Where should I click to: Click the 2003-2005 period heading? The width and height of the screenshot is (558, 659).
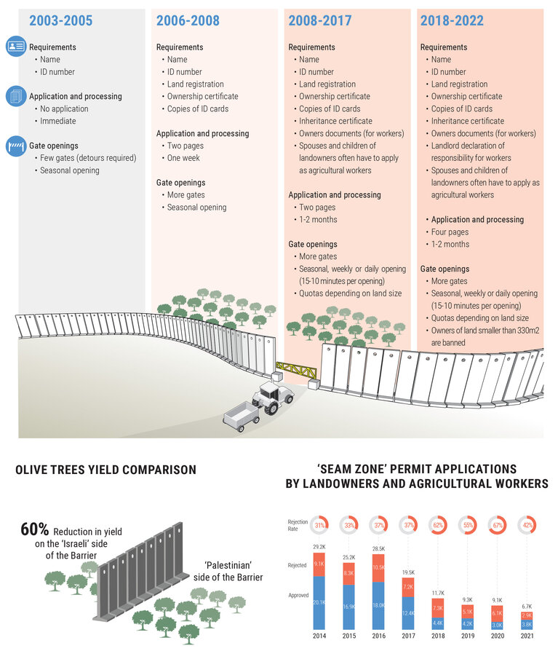click(x=60, y=21)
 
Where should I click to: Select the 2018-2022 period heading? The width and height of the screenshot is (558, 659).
click(x=451, y=21)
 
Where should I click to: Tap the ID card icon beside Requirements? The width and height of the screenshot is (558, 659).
click(x=16, y=47)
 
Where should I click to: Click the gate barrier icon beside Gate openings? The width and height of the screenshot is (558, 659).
click(x=16, y=146)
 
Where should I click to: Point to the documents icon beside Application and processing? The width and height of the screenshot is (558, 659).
click(x=16, y=96)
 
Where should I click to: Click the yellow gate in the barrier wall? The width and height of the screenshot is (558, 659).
click(x=297, y=369)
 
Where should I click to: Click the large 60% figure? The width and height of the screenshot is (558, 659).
click(x=35, y=529)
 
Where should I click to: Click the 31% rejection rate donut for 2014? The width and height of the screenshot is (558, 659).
click(x=319, y=524)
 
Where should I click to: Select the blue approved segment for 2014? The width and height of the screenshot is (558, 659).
click(x=319, y=602)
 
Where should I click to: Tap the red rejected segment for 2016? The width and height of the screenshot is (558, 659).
click(x=378, y=568)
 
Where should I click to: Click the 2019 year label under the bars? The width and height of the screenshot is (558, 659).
click(x=469, y=636)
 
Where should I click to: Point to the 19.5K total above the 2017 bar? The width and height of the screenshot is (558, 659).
click(x=408, y=572)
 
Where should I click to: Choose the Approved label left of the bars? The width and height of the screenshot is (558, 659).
click(x=298, y=595)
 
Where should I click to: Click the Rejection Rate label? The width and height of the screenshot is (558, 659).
click(x=298, y=524)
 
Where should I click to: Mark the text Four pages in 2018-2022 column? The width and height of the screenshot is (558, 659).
click(x=450, y=232)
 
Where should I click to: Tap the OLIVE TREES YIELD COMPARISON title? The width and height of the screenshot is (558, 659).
click(x=105, y=470)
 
